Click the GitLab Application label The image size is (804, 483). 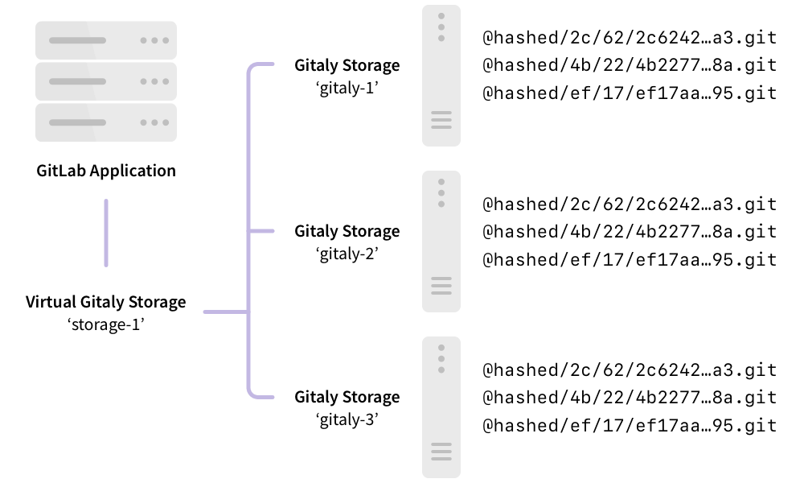(105, 171)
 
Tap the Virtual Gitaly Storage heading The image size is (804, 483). (105, 303)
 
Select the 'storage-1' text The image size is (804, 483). (105, 325)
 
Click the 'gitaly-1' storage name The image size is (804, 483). (347, 88)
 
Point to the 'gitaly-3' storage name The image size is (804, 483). (347, 419)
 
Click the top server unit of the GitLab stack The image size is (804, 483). (105, 40)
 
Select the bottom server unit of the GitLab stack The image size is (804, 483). (105, 122)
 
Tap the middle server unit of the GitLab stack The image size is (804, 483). (105, 81)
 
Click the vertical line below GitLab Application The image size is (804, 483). (105, 233)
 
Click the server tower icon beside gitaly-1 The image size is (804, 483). (441, 76)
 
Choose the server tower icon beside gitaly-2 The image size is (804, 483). (441, 242)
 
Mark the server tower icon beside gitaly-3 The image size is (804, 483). (441, 407)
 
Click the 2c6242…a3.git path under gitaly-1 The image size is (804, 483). (630, 38)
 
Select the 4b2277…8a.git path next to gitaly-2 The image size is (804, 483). (630, 232)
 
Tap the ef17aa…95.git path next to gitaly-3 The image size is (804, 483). (630, 426)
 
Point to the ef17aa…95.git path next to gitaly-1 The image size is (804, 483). (630, 93)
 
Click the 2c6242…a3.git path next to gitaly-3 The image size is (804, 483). (630, 370)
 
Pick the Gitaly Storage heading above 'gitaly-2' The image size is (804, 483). (347, 231)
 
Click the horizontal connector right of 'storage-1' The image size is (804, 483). (225, 312)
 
